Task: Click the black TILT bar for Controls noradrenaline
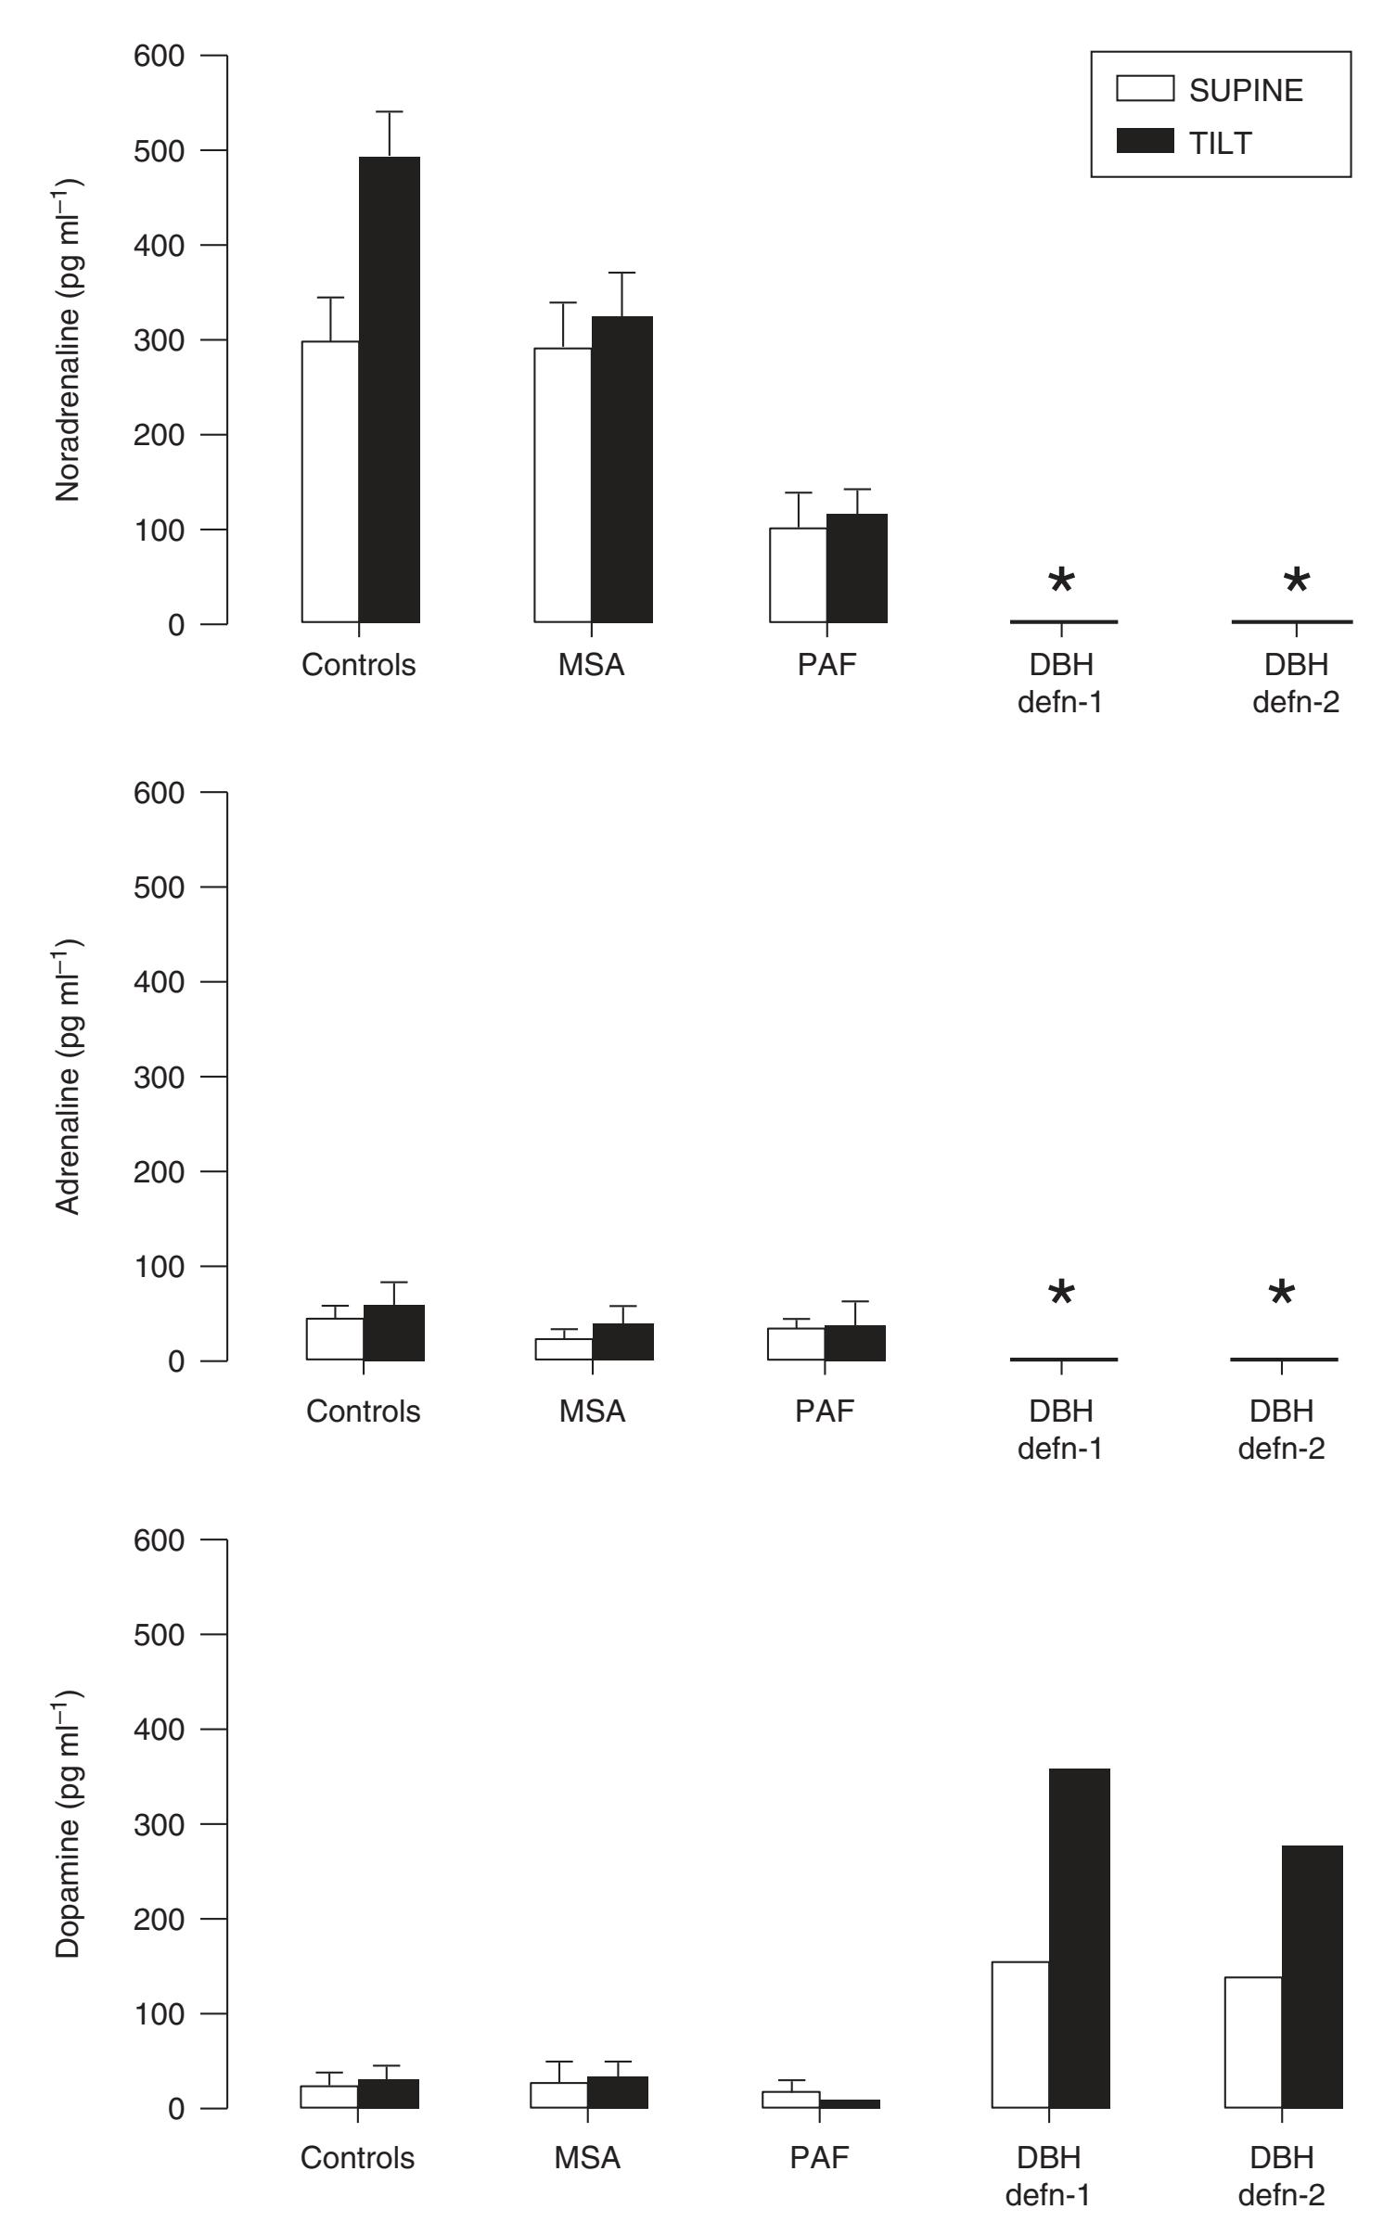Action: (390, 390)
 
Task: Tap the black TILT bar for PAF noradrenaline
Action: (857, 568)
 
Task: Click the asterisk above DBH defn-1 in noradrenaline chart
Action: (1061, 583)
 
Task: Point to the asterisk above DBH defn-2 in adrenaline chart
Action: (1281, 1294)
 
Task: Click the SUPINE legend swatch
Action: (1145, 89)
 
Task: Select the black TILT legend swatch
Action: (1145, 142)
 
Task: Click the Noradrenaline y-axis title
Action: (70, 339)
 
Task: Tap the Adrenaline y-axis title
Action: (70, 1077)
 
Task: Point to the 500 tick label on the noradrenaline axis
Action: (160, 150)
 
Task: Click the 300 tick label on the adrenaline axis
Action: (160, 1077)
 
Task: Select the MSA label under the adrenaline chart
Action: (593, 1411)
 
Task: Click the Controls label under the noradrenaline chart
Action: (359, 665)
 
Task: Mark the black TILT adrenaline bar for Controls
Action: (394, 1333)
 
